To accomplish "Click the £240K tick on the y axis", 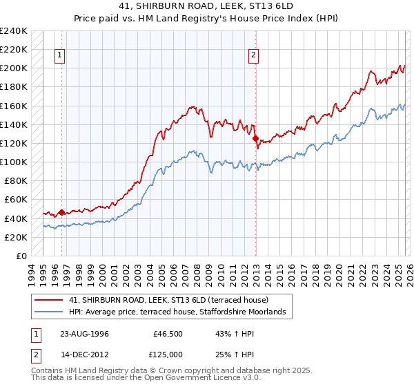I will tap(14, 31).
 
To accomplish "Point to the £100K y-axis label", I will tap(14, 162).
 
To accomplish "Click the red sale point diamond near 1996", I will tap(61, 212).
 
